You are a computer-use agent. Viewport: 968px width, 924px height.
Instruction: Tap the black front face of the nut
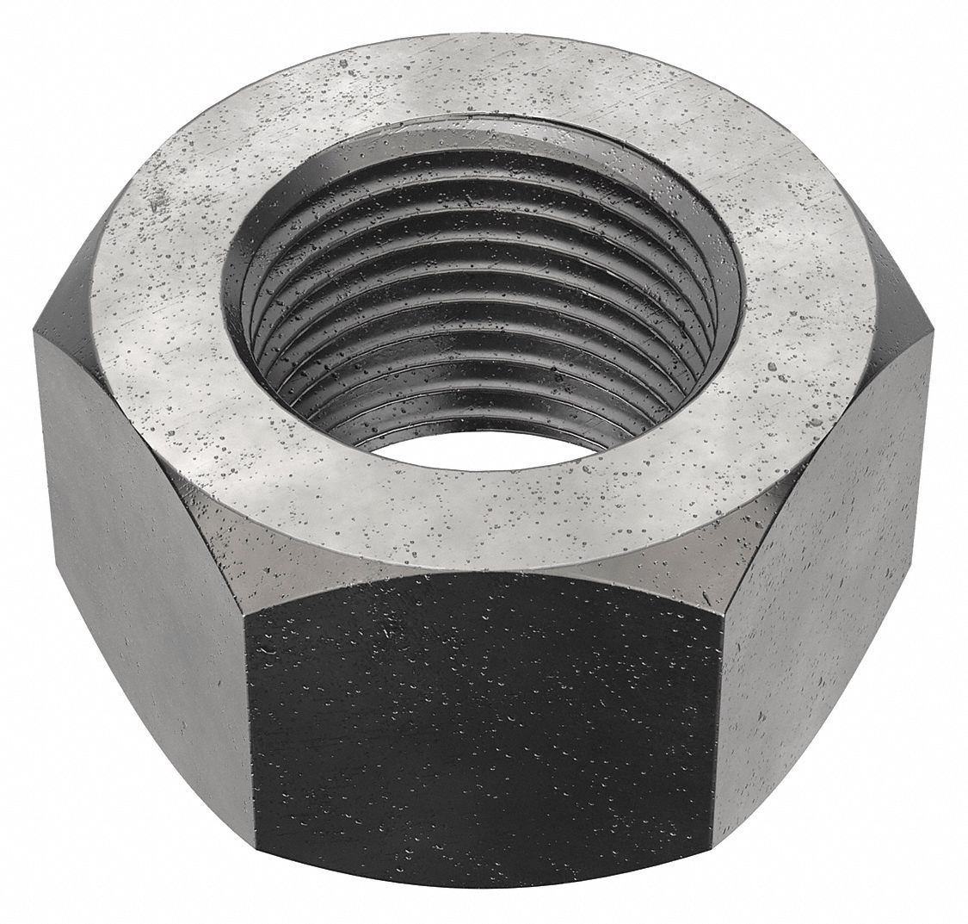(482, 741)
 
